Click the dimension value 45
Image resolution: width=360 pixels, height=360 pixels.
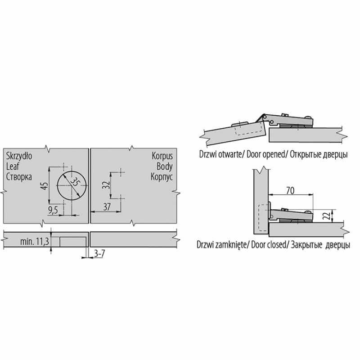click(45, 186)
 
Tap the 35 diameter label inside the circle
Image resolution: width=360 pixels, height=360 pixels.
click(75, 182)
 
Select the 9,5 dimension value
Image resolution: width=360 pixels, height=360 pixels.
click(53, 210)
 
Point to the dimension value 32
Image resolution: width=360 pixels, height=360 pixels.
click(106, 185)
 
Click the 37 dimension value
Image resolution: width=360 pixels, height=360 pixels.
click(107, 207)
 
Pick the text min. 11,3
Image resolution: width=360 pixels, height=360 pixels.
click(35, 242)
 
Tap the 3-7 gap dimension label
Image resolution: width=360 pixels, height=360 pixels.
click(99, 253)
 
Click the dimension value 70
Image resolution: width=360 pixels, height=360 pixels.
click(290, 190)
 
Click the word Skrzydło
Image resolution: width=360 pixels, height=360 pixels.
click(19, 156)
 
